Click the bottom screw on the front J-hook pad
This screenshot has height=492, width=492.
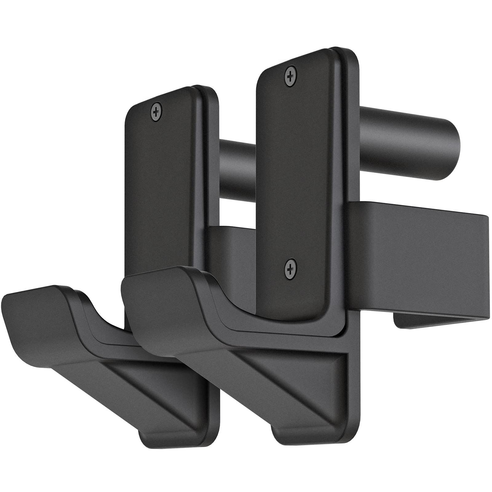tap(290, 268)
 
